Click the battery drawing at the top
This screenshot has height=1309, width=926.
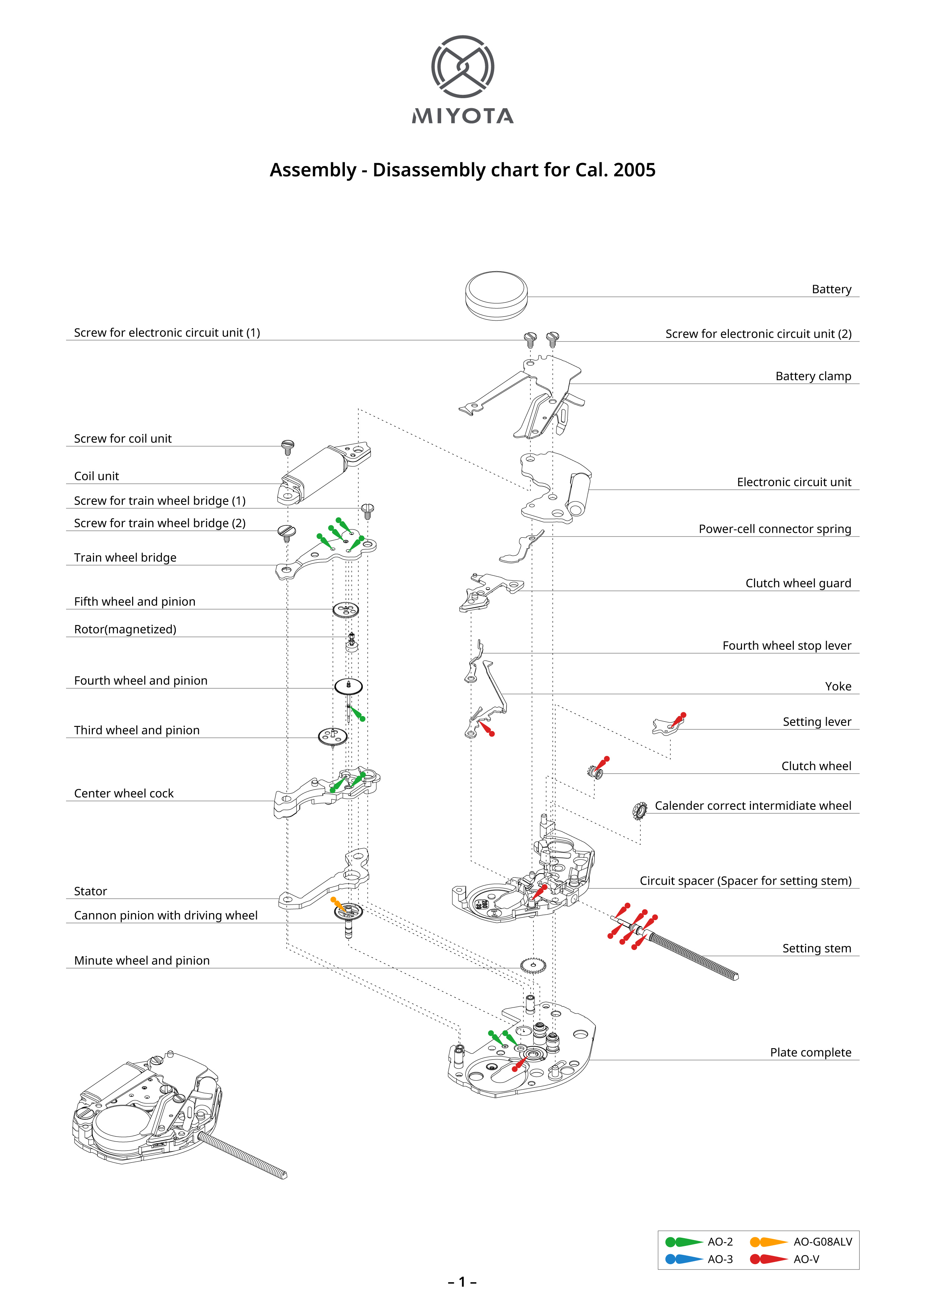tap(496, 295)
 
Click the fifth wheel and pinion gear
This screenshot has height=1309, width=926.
tap(346, 610)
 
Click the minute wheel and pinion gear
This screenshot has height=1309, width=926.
tap(533, 966)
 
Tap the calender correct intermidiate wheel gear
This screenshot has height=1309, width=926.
tap(640, 810)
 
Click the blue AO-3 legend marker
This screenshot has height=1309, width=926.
tap(683, 1259)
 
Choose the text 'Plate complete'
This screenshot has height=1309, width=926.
tap(810, 1052)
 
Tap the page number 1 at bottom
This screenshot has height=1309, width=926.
tap(462, 1282)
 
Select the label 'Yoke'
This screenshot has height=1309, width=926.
tap(838, 687)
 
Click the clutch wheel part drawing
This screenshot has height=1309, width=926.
tap(596, 772)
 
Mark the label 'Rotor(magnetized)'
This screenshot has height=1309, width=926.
tap(125, 629)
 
